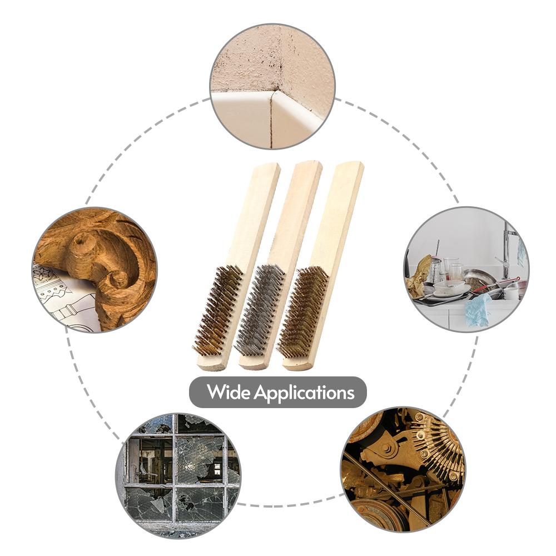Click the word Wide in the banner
click(x=229, y=391)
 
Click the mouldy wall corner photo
click(x=272, y=87)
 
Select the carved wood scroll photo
click(x=95, y=270)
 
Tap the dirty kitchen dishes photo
click(x=466, y=270)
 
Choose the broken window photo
click(x=178, y=475)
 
